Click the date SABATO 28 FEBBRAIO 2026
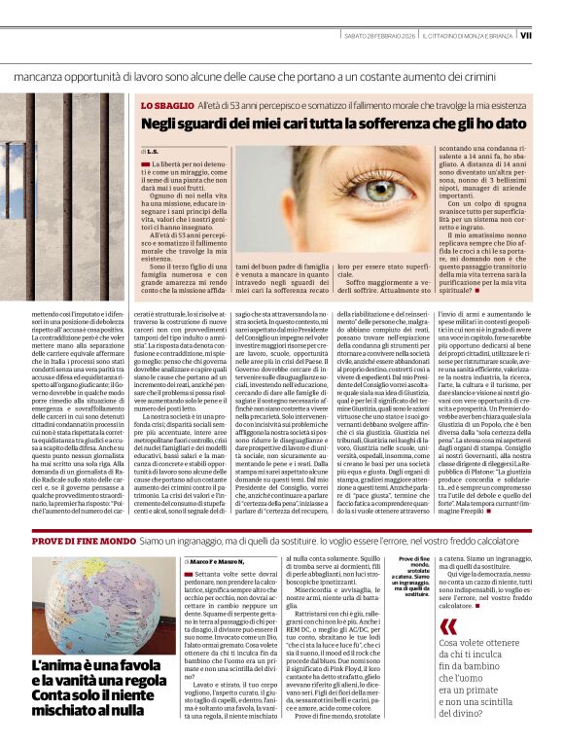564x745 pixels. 373,35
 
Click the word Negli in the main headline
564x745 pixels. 163,124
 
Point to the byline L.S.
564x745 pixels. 154,152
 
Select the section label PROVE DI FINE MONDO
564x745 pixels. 87,538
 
